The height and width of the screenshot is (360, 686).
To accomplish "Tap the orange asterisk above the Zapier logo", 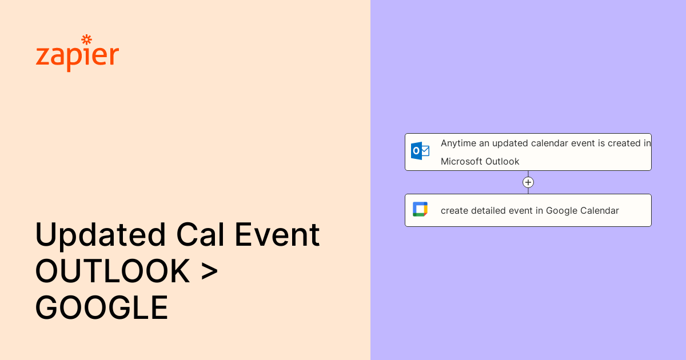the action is [x=87, y=39].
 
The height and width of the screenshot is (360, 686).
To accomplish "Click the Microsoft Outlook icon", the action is [x=420, y=151].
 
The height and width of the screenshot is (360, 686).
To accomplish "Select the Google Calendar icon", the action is [x=420, y=209].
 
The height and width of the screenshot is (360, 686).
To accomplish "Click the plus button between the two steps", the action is [x=528, y=182].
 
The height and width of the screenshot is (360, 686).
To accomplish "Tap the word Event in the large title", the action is [x=277, y=234].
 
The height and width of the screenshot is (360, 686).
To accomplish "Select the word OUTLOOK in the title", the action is [x=113, y=271].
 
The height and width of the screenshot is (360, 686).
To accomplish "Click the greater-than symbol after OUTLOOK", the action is [x=209, y=271].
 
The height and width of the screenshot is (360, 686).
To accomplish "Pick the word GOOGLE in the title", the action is [x=102, y=307].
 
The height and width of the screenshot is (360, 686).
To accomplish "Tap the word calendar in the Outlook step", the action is [x=551, y=143].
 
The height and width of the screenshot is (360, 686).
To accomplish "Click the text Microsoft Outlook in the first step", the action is [x=480, y=161].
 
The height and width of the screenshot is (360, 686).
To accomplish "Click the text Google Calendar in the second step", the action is [x=583, y=211].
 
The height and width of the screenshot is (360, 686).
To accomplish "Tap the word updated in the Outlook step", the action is [x=510, y=143].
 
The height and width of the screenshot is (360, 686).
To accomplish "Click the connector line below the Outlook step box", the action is [x=528, y=174].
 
